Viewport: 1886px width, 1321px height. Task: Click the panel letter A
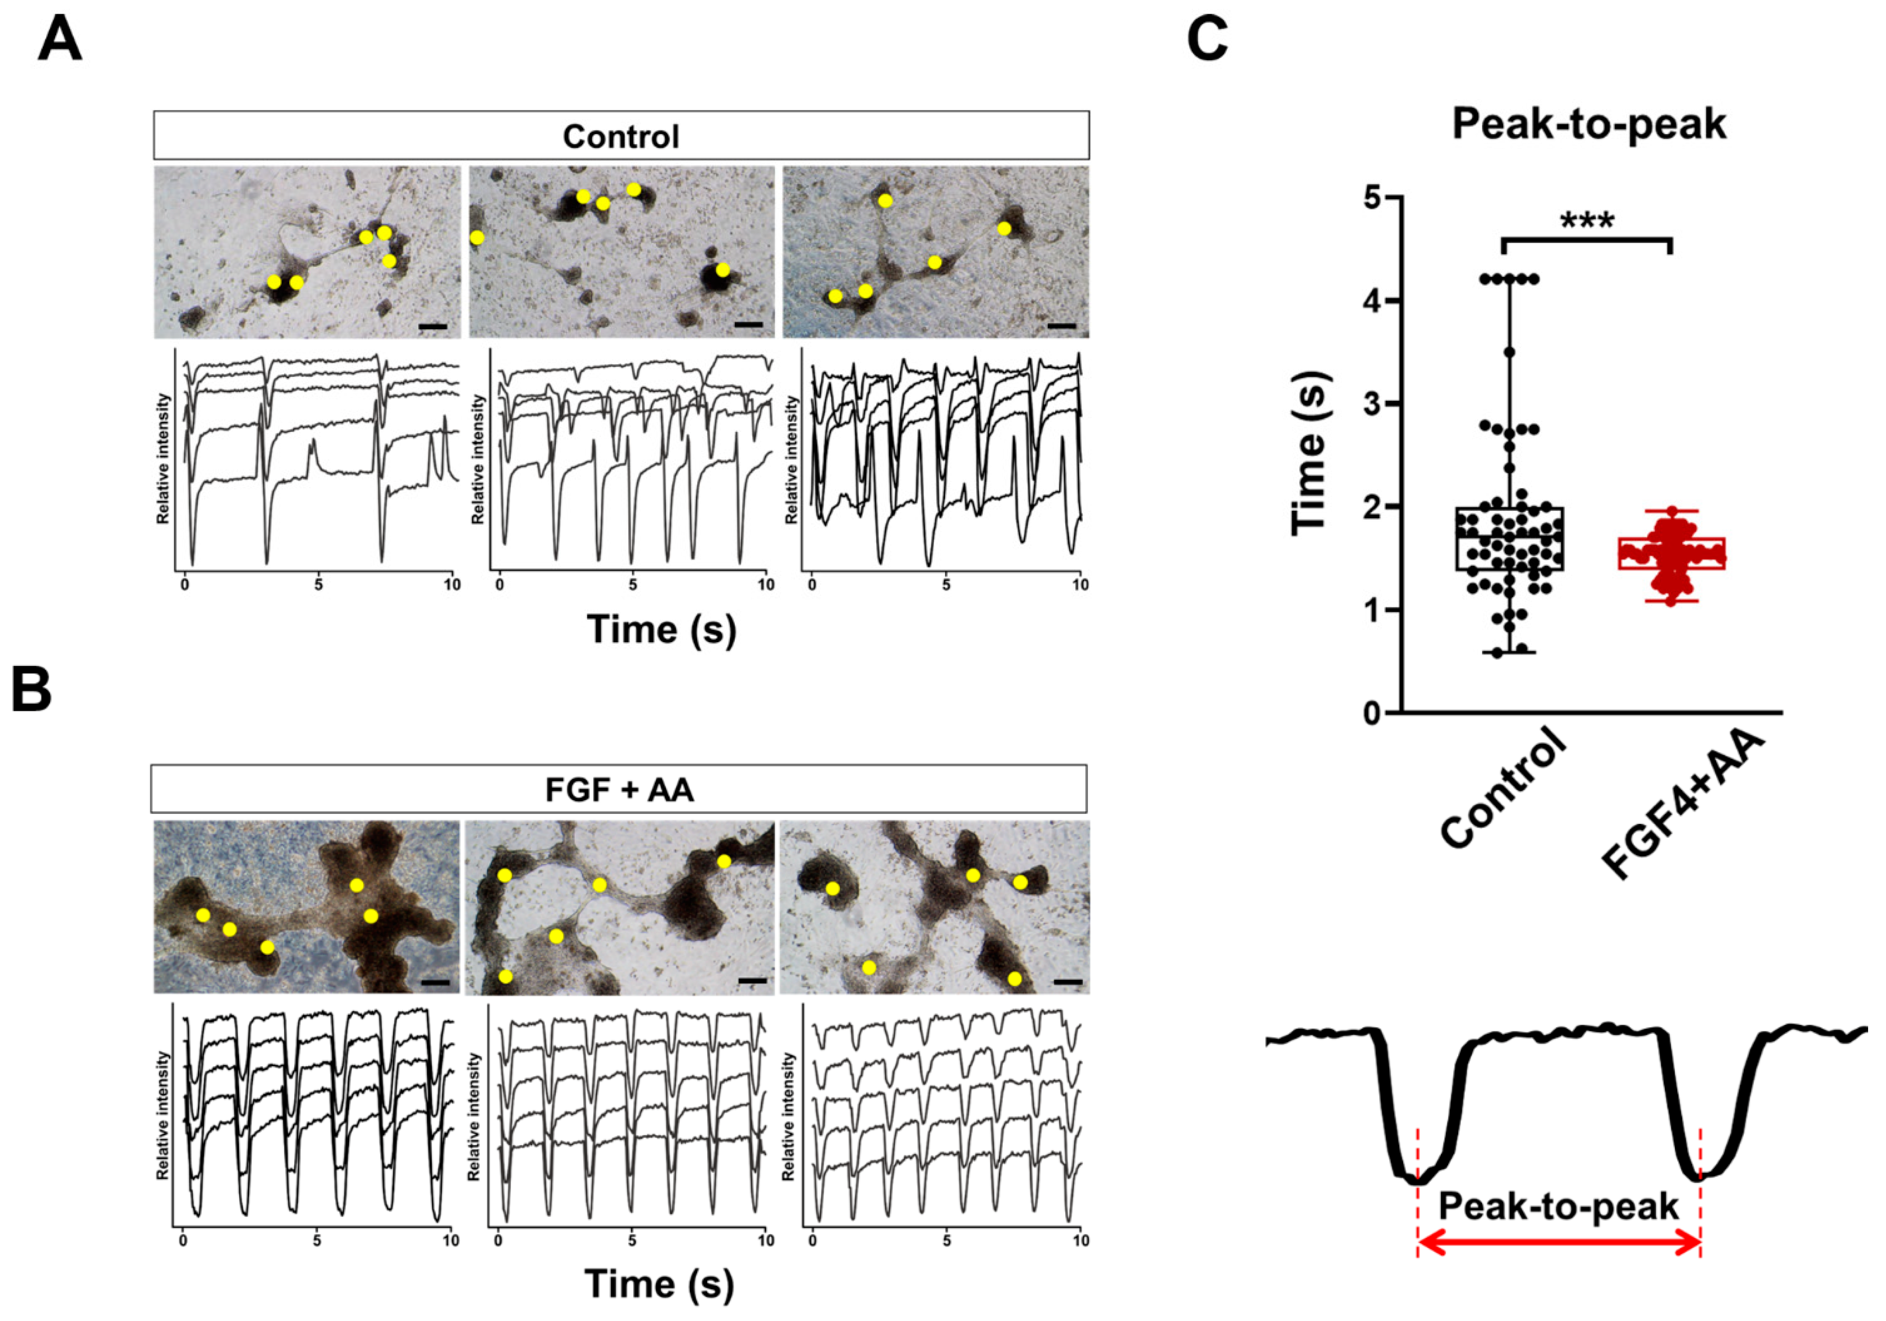[x=60, y=40]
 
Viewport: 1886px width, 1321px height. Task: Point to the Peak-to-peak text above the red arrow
[x=1558, y=1207]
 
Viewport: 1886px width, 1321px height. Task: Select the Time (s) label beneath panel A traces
[x=661, y=630]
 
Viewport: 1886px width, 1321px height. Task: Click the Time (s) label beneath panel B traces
[x=659, y=1284]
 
